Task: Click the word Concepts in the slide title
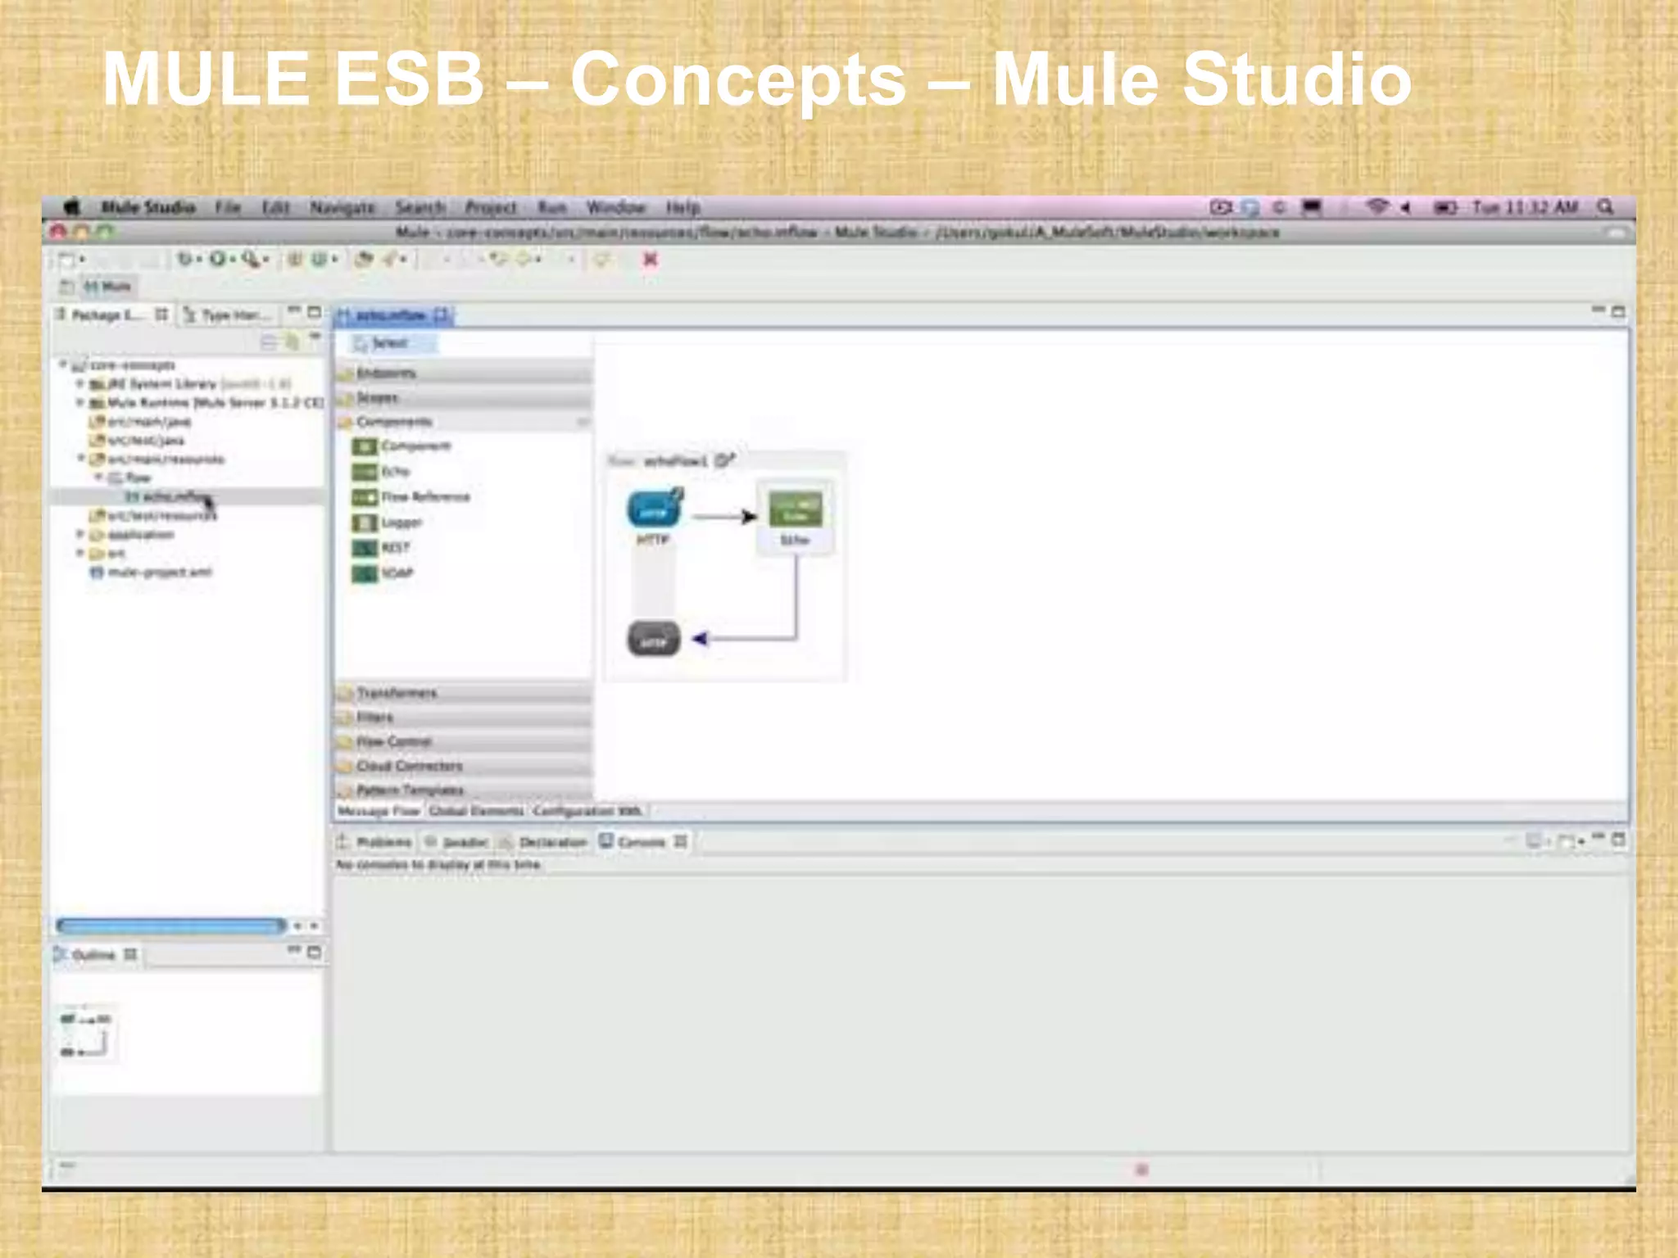point(737,79)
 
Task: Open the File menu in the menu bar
point(228,207)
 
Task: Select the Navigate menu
point(342,207)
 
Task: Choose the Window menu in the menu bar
point(616,207)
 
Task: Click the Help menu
point(683,207)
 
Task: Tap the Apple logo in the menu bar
point(72,207)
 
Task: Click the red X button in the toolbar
point(651,260)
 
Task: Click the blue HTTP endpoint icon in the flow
point(654,509)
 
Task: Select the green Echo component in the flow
point(795,509)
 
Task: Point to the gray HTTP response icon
point(654,639)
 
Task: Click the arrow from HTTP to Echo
point(724,517)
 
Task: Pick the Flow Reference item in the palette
point(425,497)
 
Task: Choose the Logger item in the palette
point(401,523)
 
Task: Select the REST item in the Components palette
point(395,548)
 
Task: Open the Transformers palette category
point(397,693)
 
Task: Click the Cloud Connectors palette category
point(410,766)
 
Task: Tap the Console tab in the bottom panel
point(641,842)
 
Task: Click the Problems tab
point(383,842)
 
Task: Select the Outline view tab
point(93,955)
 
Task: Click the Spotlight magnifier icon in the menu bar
point(1605,207)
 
